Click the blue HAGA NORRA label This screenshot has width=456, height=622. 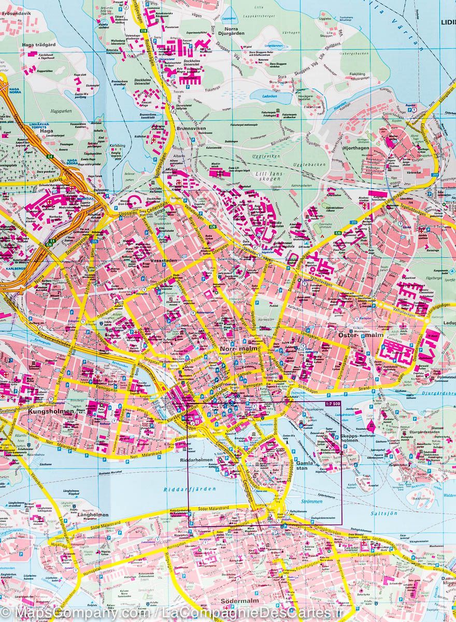click(x=15, y=92)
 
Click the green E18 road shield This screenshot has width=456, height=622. click(x=142, y=31)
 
